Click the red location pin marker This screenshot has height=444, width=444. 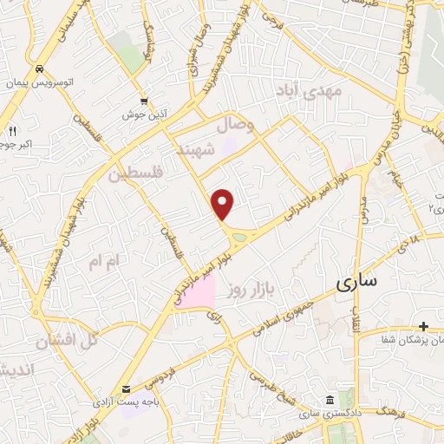(x=224, y=204)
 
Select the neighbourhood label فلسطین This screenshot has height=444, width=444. (x=136, y=174)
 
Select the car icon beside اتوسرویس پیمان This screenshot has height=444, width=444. (x=40, y=69)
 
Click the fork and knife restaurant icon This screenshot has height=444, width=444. (x=12, y=131)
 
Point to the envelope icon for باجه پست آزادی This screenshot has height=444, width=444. (x=127, y=389)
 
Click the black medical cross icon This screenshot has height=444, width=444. (x=423, y=326)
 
